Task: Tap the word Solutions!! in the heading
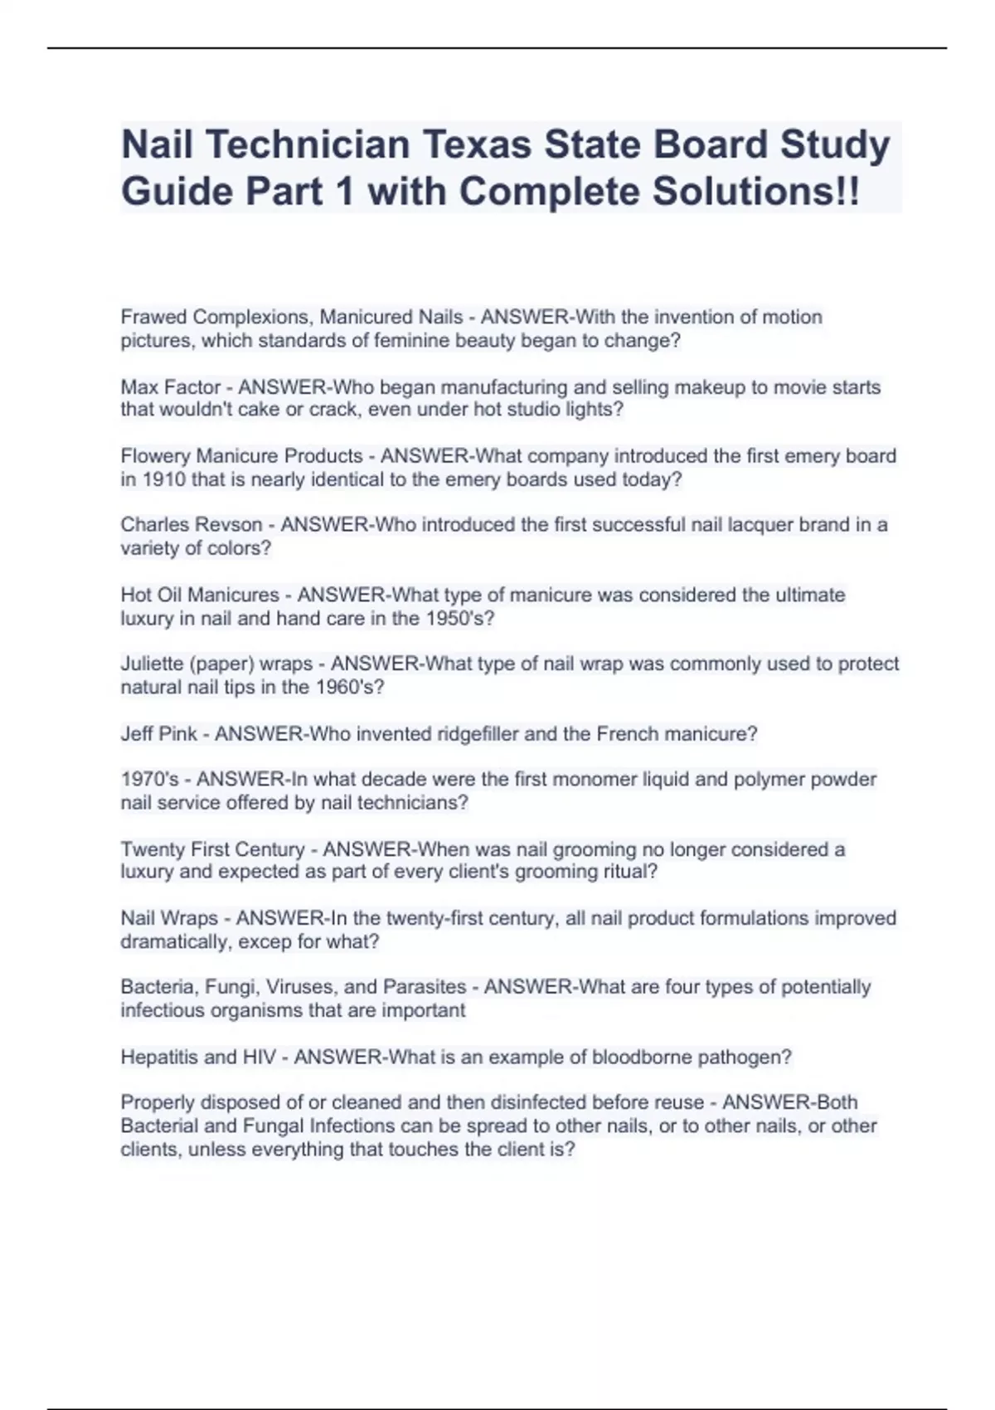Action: pos(756,192)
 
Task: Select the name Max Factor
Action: pos(171,387)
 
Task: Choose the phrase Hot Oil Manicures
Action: pos(200,595)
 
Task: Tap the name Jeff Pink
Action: pos(159,734)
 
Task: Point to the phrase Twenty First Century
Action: pos(212,849)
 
